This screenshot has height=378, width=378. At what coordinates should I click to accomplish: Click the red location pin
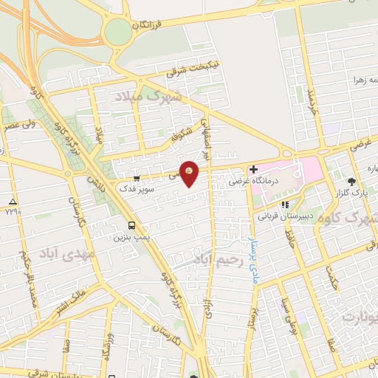pos(190,173)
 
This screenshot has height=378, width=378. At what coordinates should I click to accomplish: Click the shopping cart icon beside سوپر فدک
pos(137,177)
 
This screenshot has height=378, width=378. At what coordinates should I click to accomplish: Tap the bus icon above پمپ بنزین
pos(131,226)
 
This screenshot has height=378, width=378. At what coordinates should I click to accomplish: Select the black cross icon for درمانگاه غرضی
pos(254,169)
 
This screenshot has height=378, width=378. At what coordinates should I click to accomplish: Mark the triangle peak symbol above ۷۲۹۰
pos(11,202)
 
